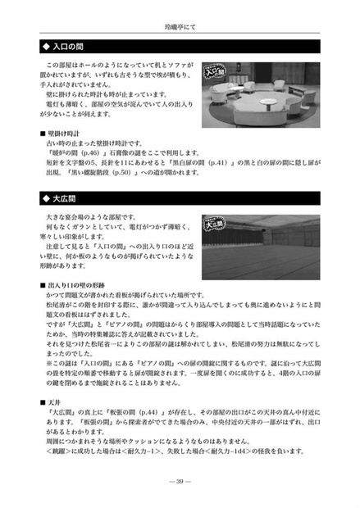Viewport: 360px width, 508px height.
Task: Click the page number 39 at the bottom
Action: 180,482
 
